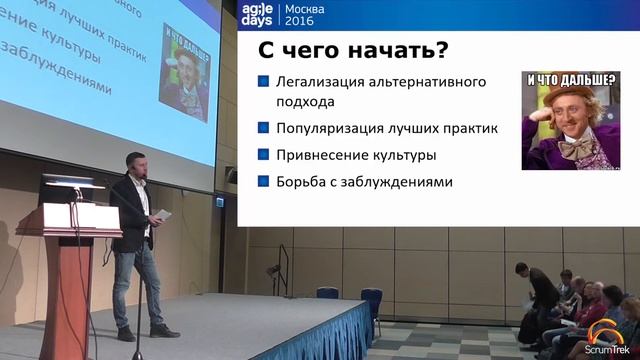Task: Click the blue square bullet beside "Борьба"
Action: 263,182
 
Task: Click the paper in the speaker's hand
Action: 161,215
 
